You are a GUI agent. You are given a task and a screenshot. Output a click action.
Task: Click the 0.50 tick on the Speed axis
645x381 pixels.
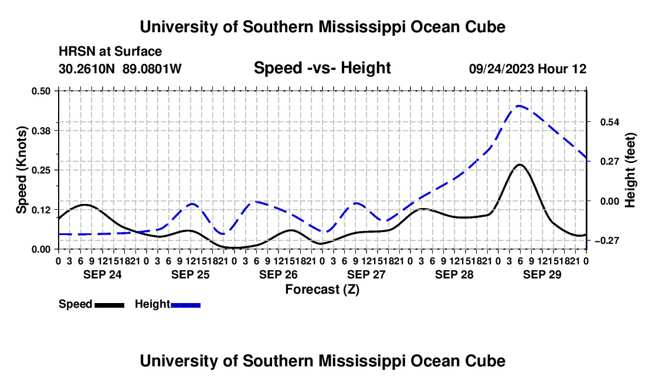40,91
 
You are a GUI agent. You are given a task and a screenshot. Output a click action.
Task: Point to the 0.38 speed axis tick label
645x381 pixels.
40,131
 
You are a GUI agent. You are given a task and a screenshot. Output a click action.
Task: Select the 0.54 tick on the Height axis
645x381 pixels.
610,122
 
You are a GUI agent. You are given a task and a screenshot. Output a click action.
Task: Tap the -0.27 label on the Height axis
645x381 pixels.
607,240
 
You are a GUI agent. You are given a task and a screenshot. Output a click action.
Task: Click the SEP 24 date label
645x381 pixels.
103,274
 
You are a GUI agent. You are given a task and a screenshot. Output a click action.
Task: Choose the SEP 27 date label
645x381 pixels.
366,274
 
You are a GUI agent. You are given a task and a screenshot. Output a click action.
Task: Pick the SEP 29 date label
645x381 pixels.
542,274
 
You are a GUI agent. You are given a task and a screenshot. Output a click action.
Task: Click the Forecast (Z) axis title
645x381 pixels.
322,290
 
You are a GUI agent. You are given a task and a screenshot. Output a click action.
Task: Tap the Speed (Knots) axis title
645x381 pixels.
21,170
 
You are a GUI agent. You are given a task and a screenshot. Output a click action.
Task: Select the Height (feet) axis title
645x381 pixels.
630,170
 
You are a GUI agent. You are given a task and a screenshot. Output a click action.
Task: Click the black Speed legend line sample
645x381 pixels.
110,305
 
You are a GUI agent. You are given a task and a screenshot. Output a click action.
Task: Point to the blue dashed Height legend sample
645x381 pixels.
185,305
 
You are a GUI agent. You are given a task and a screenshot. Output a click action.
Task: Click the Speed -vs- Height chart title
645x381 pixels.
322,68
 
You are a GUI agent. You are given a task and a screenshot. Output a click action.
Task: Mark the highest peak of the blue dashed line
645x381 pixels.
520,106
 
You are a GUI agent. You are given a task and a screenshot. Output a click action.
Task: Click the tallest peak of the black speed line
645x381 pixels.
520,164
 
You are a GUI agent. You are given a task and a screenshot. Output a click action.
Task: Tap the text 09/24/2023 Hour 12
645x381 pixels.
528,69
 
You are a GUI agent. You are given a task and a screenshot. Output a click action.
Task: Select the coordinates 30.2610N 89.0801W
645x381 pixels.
120,69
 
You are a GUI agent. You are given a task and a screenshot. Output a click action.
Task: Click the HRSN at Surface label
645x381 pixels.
110,52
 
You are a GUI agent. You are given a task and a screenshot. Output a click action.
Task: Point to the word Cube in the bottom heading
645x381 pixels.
486,361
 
